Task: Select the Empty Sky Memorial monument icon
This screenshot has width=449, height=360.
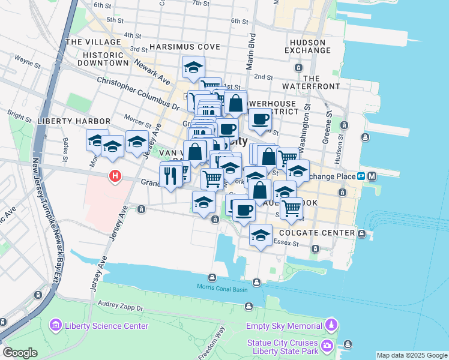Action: (x=331, y=326)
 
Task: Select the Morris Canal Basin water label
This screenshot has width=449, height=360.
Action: (x=221, y=287)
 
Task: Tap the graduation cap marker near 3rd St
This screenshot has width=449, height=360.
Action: (x=193, y=67)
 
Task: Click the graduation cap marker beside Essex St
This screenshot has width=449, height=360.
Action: (x=261, y=235)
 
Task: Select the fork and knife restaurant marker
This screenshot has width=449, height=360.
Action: (x=170, y=175)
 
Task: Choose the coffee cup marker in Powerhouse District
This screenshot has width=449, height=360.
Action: (x=260, y=119)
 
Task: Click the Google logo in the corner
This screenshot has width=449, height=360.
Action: (x=20, y=353)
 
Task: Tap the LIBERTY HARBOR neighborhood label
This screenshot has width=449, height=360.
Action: (x=66, y=121)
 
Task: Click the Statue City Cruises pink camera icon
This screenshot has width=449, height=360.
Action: (x=327, y=346)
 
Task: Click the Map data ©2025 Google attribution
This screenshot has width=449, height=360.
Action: (x=412, y=355)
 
